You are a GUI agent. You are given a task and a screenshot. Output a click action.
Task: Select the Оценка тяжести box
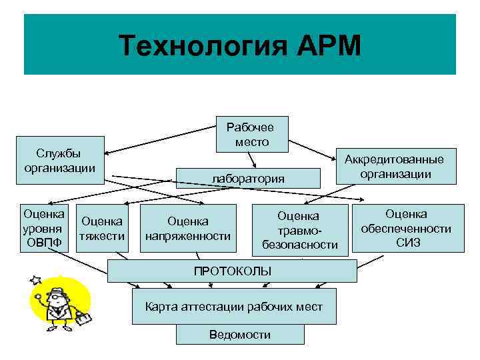[x=102, y=228]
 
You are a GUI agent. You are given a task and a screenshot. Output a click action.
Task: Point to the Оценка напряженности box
[x=187, y=228]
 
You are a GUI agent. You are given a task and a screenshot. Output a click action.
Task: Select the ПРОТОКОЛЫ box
[x=233, y=271]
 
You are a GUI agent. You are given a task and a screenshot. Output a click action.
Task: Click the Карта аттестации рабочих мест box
[x=234, y=307]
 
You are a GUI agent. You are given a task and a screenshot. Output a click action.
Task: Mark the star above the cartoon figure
[x=35, y=279]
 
